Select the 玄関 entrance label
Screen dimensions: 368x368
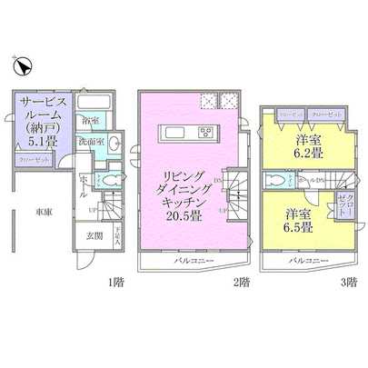pos(95,237)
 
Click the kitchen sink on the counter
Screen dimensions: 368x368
pos(177,135)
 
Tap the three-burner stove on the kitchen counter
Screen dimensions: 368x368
pos(205,135)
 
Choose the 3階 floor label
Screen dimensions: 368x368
pos(349,283)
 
